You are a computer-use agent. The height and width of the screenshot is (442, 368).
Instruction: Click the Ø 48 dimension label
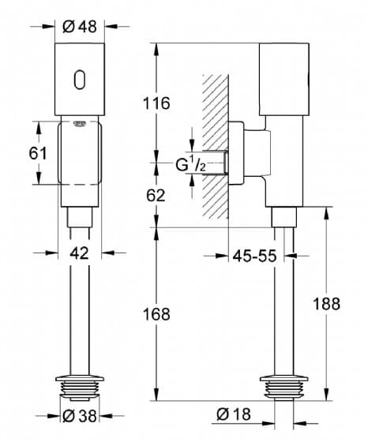click(x=80, y=27)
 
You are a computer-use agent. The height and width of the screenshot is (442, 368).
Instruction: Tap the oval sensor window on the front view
click(x=80, y=80)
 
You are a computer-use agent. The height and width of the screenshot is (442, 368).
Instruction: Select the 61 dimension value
click(x=38, y=154)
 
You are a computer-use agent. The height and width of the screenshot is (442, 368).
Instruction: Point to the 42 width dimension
click(x=79, y=253)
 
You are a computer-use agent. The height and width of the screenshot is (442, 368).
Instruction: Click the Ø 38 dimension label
click(x=80, y=416)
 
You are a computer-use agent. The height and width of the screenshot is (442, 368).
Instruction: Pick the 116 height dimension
click(x=157, y=103)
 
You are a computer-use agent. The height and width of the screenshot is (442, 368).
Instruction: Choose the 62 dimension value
click(x=156, y=196)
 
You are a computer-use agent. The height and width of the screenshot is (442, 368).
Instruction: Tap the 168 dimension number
click(x=157, y=314)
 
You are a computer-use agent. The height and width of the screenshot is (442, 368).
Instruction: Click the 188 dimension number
click(x=327, y=304)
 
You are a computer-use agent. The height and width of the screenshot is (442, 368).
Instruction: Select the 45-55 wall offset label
click(x=254, y=257)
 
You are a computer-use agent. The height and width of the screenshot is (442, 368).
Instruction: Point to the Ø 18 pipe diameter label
click(x=234, y=414)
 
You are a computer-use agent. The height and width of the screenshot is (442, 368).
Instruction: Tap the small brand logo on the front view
click(x=79, y=124)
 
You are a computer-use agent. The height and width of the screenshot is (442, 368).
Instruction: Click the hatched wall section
click(x=215, y=147)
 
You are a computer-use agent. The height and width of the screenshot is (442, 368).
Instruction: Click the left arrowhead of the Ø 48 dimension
click(x=48, y=27)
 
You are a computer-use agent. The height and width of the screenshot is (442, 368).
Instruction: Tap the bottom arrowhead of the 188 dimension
click(x=326, y=394)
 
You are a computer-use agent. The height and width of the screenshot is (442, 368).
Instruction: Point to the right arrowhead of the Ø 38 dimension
click(x=106, y=415)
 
